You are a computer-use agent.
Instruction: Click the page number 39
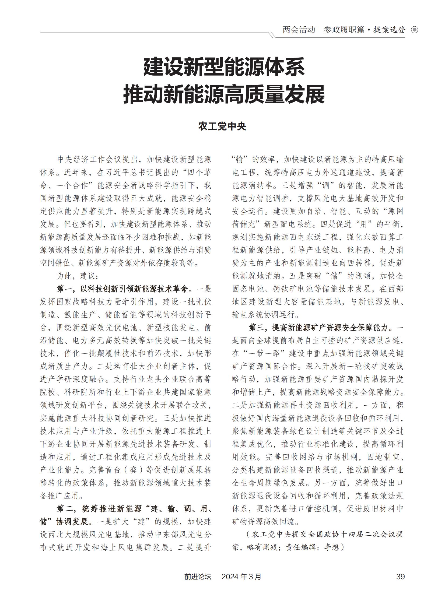pyautogui.click(x=400, y=576)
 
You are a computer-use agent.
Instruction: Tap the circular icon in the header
pyautogui.click(x=415, y=30)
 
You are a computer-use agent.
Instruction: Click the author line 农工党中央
pyautogui.click(x=222, y=126)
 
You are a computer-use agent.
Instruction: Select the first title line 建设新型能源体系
pyautogui.click(x=224, y=67)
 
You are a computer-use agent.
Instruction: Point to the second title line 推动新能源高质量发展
pyautogui.click(x=224, y=94)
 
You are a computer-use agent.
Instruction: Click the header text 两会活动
pyautogui.click(x=299, y=30)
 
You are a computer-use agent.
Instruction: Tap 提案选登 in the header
pyautogui.click(x=389, y=30)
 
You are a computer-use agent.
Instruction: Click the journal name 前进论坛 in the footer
pyautogui.click(x=198, y=576)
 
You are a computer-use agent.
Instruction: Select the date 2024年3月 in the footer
pyautogui.click(x=241, y=576)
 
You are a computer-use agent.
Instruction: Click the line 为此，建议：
pyautogui.click(x=78, y=276)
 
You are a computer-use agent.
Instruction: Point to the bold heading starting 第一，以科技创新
pyautogui.click(x=125, y=289)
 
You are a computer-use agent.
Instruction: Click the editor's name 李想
pyautogui.click(x=332, y=547)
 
